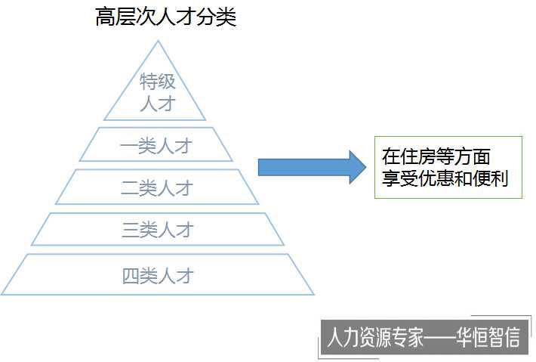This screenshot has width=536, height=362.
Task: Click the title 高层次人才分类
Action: (165, 17)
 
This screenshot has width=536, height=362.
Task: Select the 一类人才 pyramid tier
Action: (156, 145)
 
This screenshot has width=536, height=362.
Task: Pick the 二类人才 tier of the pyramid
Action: (156, 187)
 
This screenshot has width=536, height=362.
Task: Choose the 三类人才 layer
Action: (158, 230)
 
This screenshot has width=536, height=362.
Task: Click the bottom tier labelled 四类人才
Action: (158, 275)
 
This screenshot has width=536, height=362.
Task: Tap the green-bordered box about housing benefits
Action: (448, 167)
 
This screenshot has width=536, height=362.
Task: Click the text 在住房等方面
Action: (436, 156)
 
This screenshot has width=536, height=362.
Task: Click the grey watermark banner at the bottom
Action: (422, 338)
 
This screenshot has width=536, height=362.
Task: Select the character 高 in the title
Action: (104, 17)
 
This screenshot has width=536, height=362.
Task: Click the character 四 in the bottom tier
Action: (131, 275)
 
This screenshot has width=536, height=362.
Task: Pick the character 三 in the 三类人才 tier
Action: (131, 230)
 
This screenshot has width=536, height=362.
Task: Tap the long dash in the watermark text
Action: (439, 338)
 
